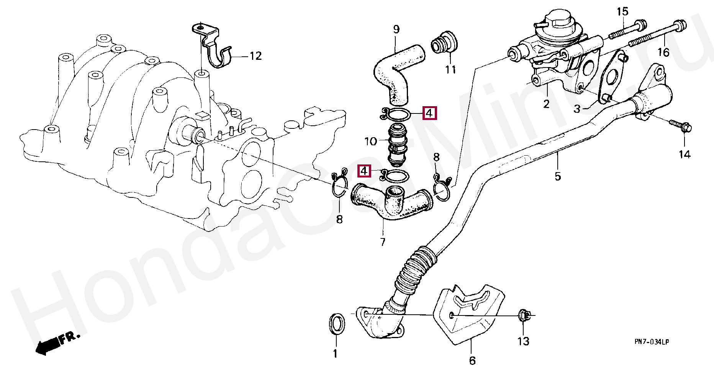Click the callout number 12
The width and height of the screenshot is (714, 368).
[x=255, y=56]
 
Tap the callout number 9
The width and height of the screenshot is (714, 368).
[x=396, y=30]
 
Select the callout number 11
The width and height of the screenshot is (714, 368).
[x=450, y=70]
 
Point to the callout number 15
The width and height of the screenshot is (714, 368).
[x=622, y=12]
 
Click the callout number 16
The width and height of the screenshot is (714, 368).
[x=663, y=52]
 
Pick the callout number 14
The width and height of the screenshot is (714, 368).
[x=685, y=154]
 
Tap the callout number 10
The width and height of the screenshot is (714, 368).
[x=370, y=141]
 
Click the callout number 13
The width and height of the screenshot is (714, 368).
[x=523, y=341]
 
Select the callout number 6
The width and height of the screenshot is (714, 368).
[x=472, y=360]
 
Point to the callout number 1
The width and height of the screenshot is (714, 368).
[x=335, y=353]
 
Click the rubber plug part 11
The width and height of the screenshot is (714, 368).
[x=445, y=43]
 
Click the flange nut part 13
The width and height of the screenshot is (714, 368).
[x=524, y=315]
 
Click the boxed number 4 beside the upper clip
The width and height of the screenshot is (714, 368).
[x=429, y=113]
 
